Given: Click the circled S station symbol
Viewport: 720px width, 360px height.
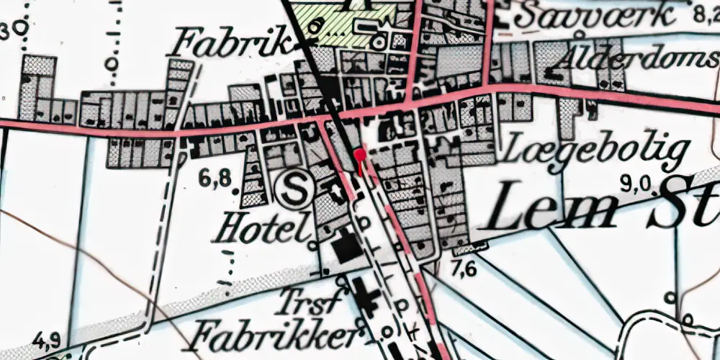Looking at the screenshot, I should [x=294, y=191].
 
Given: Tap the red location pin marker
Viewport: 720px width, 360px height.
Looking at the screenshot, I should [x=360, y=155].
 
